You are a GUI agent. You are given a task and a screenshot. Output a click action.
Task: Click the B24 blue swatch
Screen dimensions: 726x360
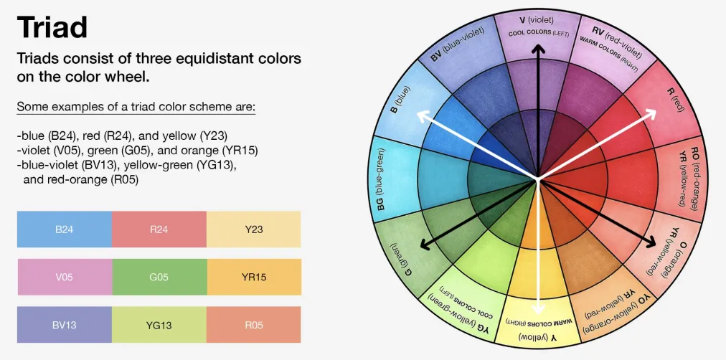pos(65,229)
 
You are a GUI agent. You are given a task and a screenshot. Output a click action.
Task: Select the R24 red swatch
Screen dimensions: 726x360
pos(159,229)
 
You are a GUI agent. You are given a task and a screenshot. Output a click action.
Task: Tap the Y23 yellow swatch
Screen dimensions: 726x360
pos(254,229)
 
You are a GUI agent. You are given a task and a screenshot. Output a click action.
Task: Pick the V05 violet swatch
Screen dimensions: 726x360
pos(65,277)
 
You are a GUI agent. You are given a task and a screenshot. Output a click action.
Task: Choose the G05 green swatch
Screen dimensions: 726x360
pos(160,277)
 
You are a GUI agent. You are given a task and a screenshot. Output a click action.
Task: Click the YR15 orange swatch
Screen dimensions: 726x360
pos(254,277)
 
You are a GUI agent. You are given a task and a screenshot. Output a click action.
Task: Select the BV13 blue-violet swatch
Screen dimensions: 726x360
pos(65,324)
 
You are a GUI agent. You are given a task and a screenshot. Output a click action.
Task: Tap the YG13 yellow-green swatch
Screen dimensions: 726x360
pos(159,324)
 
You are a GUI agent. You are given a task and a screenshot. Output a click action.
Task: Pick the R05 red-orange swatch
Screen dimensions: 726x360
pos(254,324)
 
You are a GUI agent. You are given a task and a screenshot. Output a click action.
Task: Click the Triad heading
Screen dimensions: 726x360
pos(52,27)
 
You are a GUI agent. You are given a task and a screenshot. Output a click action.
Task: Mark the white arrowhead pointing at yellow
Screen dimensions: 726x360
pos(537,308)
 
